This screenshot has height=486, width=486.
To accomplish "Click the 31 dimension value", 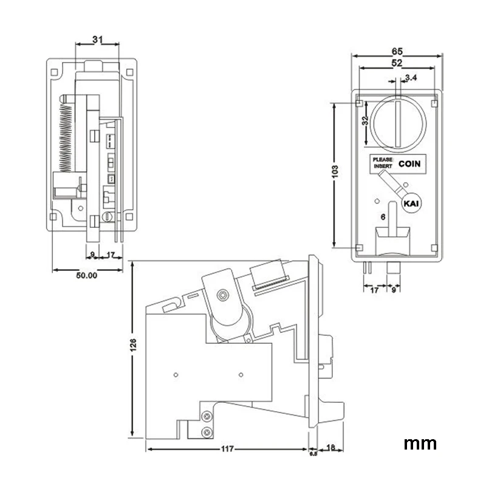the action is (97, 39).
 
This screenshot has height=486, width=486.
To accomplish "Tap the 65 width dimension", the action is (397, 51).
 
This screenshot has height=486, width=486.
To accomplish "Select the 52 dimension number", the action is (397, 63).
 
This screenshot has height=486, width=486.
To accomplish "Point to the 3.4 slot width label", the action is (411, 78).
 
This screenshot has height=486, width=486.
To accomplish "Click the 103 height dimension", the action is (335, 172).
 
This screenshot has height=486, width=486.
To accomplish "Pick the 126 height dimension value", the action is (133, 345).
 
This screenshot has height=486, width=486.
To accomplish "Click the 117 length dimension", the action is (227, 449).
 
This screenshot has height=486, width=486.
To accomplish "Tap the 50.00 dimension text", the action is (86, 275).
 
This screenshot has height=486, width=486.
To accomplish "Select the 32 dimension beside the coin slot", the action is (366, 120).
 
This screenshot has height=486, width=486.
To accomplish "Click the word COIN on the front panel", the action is (409, 163).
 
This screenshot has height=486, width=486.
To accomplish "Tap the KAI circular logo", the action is (412, 204).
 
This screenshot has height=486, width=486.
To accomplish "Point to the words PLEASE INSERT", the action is (383, 163).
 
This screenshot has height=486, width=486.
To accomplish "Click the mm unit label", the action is (420, 444).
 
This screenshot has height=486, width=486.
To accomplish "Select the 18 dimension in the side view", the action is (330, 447).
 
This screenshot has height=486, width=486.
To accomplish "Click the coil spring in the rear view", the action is (66, 137).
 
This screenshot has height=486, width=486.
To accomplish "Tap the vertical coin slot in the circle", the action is (399, 123).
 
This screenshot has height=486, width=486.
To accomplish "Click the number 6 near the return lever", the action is (383, 217).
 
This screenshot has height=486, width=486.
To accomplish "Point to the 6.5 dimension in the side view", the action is (313, 453).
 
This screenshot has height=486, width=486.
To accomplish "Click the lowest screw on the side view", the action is (207, 432).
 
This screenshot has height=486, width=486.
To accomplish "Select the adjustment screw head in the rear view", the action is (108, 216).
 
